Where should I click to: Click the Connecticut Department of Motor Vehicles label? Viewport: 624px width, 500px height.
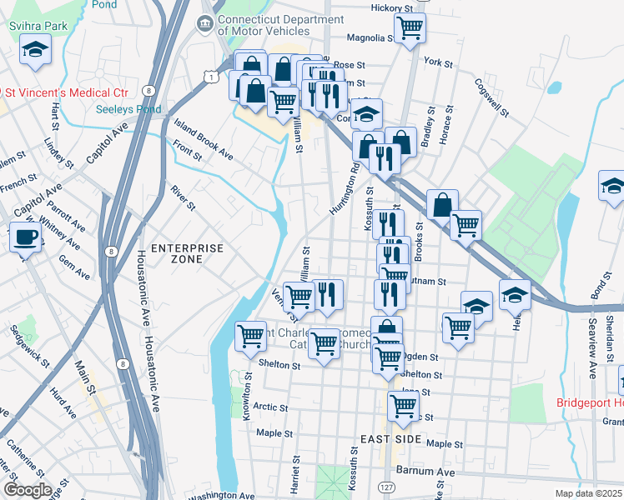(x=269, y=24)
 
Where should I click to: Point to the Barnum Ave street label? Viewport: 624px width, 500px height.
(x=425, y=471)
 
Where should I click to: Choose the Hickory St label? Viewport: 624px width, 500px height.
(x=392, y=7)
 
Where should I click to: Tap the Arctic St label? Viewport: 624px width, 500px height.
(x=270, y=407)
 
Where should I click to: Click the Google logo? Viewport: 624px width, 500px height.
(x=28, y=490)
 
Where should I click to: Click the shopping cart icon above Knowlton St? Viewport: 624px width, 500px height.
(x=250, y=336)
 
